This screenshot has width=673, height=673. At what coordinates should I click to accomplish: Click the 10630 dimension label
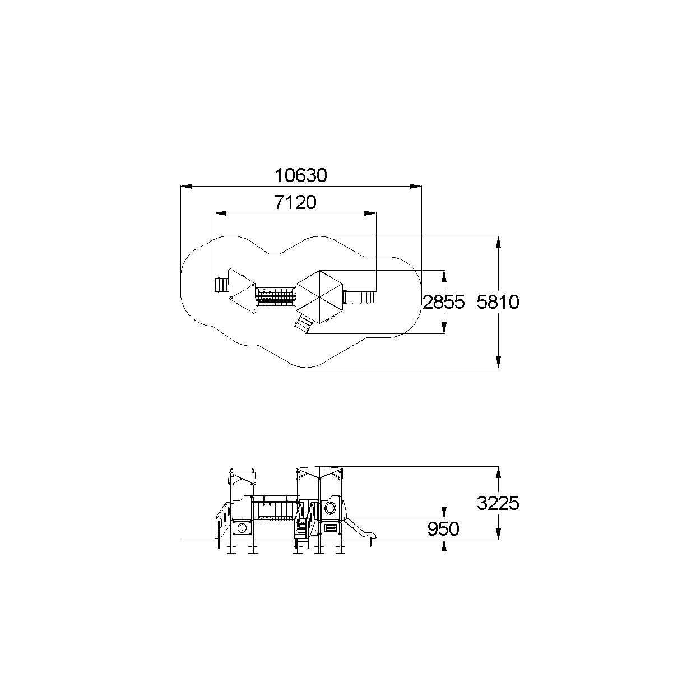301,175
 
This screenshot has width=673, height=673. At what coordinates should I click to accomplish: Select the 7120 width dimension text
295,202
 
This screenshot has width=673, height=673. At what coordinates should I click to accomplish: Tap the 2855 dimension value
444,301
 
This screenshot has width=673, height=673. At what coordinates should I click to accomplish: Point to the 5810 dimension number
498,301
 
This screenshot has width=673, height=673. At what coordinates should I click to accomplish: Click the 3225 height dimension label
498,503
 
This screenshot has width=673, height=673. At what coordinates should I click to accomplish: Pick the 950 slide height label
443,529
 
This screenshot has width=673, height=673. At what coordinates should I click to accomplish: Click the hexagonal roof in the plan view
319,296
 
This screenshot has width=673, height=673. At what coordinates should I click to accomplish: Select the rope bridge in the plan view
276,297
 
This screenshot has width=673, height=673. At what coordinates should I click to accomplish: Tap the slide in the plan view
360,297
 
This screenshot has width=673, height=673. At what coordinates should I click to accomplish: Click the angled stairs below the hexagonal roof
303,323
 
